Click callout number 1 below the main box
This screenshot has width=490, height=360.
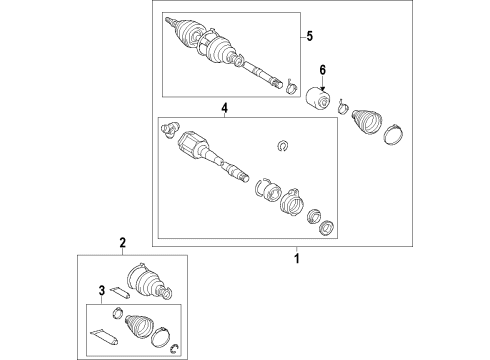(295, 258)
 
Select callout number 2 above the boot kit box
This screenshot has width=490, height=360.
(122, 243)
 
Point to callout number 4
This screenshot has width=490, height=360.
(224, 107)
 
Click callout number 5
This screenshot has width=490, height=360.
(308, 37)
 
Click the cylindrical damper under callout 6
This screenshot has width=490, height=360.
(322, 100)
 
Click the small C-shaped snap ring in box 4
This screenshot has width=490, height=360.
(282, 149)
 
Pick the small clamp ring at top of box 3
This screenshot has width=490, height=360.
(117, 312)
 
